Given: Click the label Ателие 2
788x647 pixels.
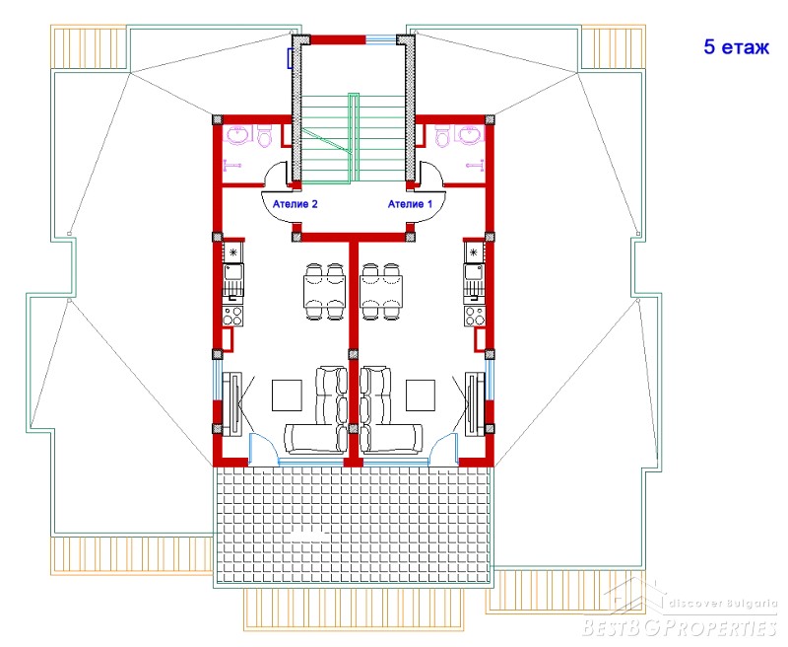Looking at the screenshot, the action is (x=295, y=204).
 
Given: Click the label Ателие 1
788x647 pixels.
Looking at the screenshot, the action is (x=410, y=204).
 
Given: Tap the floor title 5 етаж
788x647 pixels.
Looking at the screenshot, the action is (x=736, y=46).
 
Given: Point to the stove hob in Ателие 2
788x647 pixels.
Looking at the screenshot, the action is (x=233, y=316).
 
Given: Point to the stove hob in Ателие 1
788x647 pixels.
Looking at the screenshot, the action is (x=475, y=316).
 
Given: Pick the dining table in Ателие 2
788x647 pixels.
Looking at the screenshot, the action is (x=325, y=291).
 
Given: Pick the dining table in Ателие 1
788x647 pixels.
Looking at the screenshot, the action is (x=381, y=291).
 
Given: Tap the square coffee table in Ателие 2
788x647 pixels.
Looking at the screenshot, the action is (x=287, y=395).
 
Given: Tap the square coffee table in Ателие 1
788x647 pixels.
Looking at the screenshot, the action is (x=421, y=395).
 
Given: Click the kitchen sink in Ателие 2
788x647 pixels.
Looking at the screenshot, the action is (x=233, y=280).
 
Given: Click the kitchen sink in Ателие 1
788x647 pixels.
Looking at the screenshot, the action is (x=474, y=280).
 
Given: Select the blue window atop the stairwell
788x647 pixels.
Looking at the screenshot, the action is (x=380, y=38).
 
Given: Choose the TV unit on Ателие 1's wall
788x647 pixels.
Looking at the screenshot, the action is (x=475, y=404).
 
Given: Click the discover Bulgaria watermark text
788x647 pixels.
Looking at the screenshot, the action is (x=723, y=604).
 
